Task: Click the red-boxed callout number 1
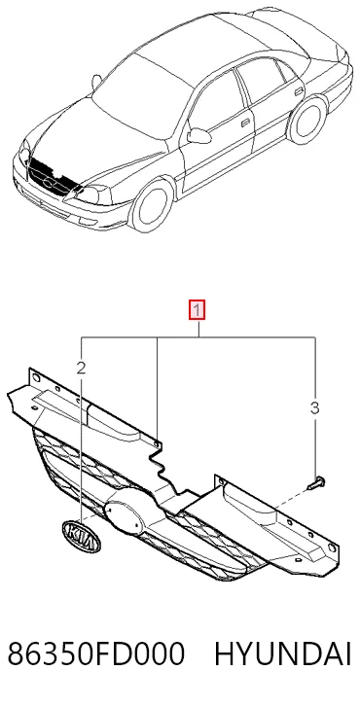click(197, 310)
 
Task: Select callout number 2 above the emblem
click(81, 369)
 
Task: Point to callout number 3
click(315, 407)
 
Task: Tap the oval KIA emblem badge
click(81, 536)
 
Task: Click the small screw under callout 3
click(317, 483)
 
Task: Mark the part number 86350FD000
click(96, 654)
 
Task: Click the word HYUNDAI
click(282, 654)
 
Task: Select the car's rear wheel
click(307, 120)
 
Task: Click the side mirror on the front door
click(198, 135)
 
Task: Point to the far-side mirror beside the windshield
click(96, 82)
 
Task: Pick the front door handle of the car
click(246, 123)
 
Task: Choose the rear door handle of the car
click(299, 91)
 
